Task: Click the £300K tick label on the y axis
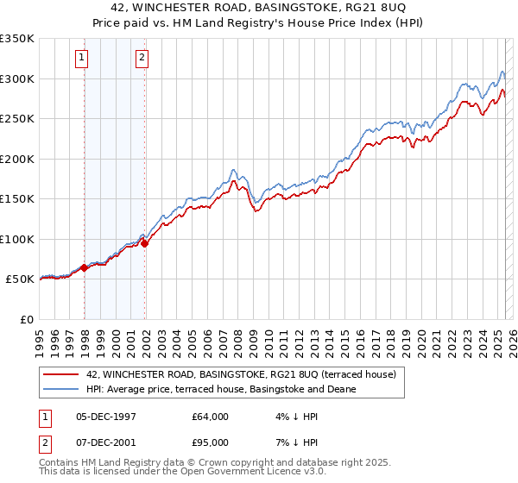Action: pyautogui.click(x=16, y=78)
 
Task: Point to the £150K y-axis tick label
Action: pyautogui.click(x=16, y=198)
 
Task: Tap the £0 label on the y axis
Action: pyautogui.click(x=25, y=319)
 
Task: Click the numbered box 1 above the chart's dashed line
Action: pyautogui.click(x=81, y=59)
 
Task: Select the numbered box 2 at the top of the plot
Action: pyautogui.click(x=142, y=59)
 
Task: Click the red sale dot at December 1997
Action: pyautogui.click(x=84, y=268)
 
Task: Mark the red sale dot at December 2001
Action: pyautogui.click(x=145, y=243)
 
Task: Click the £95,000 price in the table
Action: pyautogui.click(x=211, y=442)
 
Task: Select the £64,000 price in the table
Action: pyautogui.click(x=211, y=417)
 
